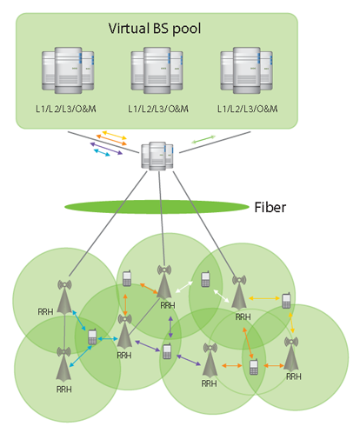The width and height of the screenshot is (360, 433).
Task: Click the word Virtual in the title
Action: (129, 29)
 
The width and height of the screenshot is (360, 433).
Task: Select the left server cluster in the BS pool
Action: (68, 70)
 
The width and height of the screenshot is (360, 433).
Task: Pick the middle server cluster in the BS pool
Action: (157, 70)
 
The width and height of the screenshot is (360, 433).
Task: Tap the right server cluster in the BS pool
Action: (246, 70)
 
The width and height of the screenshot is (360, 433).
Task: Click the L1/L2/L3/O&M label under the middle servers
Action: (158, 109)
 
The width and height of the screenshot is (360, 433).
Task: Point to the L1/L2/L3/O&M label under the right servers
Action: (248, 109)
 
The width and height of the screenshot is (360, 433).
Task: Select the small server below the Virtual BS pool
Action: (157, 156)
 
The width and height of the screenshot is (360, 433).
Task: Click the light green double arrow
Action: (203, 139)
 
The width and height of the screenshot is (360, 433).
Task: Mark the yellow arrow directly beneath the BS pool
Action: (115, 135)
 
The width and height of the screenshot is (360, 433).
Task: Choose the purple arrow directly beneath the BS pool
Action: (106, 149)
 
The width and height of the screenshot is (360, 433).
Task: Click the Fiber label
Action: (270, 208)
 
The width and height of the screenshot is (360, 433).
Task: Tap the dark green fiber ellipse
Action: (157, 207)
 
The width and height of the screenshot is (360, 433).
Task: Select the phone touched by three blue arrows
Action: (92, 336)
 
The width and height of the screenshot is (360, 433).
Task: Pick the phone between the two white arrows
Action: (205, 279)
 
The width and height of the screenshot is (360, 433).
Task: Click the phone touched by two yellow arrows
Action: (286, 301)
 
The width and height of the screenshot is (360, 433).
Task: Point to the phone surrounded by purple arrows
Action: (167, 351)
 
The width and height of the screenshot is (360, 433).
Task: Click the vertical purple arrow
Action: (170, 327)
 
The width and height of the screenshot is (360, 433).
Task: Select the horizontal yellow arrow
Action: (264, 298)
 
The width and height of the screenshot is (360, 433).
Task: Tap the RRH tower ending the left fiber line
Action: (64, 296)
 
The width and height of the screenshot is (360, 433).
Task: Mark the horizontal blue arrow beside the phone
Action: (108, 338)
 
